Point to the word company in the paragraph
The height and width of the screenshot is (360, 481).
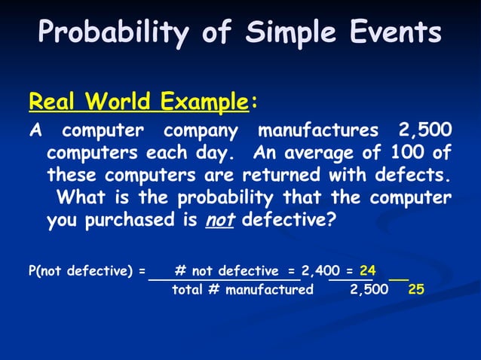[x=201, y=131]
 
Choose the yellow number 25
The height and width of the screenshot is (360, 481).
[x=416, y=290]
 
